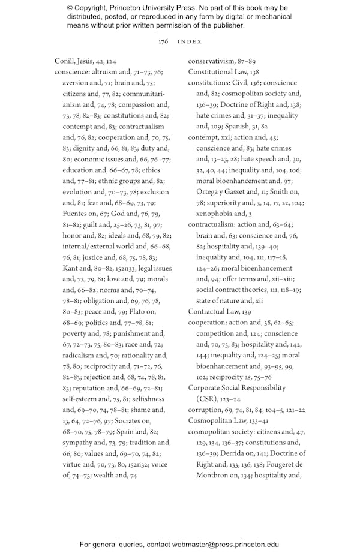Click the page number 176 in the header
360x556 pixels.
click(163, 41)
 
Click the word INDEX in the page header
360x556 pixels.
click(190, 41)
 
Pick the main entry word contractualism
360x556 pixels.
click(212, 224)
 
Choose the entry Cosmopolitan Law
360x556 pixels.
click(217, 420)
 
